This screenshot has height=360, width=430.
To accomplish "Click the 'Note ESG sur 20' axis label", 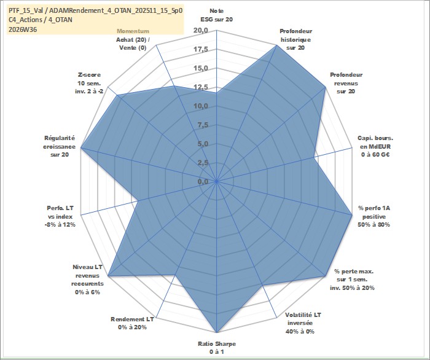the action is (x=217, y=15).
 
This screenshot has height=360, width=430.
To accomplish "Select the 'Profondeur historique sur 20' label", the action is (x=295, y=39).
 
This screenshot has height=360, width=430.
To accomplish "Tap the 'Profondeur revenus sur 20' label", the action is (x=346, y=83).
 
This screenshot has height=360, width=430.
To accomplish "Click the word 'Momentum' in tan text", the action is (x=133, y=31).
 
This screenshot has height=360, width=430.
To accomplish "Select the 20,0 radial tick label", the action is (x=201, y=31).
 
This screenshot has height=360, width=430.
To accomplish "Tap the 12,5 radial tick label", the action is (x=201, y=87).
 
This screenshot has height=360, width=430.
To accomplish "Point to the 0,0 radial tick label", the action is (x=203, y=181).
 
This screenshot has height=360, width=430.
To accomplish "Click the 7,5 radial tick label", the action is (x=203, y=125).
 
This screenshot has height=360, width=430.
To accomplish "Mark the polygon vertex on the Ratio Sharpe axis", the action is (x=217, y=332).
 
